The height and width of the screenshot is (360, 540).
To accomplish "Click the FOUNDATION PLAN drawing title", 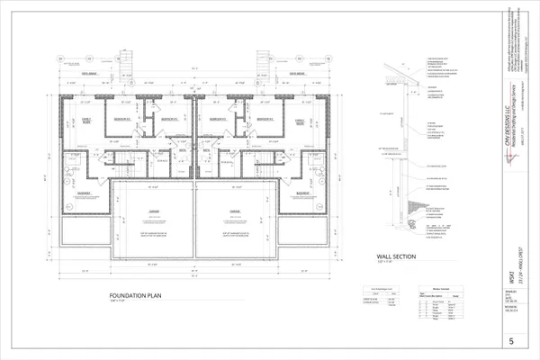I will [136, 296].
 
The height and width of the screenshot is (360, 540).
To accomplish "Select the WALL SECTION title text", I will [399, 256].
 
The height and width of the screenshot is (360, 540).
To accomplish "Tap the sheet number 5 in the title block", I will [510, 343].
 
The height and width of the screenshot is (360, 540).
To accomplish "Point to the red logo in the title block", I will [510, 184].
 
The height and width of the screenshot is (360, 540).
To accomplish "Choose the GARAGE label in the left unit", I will [153, 213].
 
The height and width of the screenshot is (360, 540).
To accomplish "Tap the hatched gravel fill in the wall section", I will [415, 208].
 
